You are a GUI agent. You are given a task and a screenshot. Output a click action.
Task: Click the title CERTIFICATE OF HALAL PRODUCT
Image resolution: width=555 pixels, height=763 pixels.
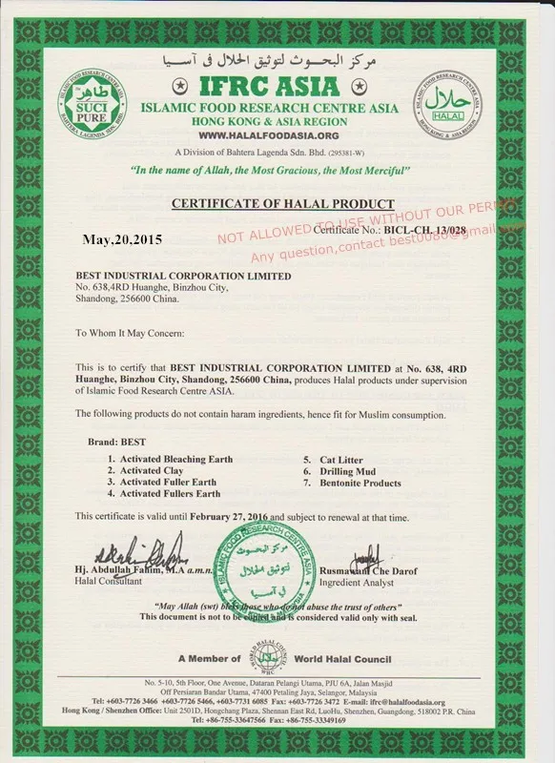click(x=281, y=204)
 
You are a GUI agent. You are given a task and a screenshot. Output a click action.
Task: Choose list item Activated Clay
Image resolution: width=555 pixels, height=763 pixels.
click(x=143, y=471)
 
